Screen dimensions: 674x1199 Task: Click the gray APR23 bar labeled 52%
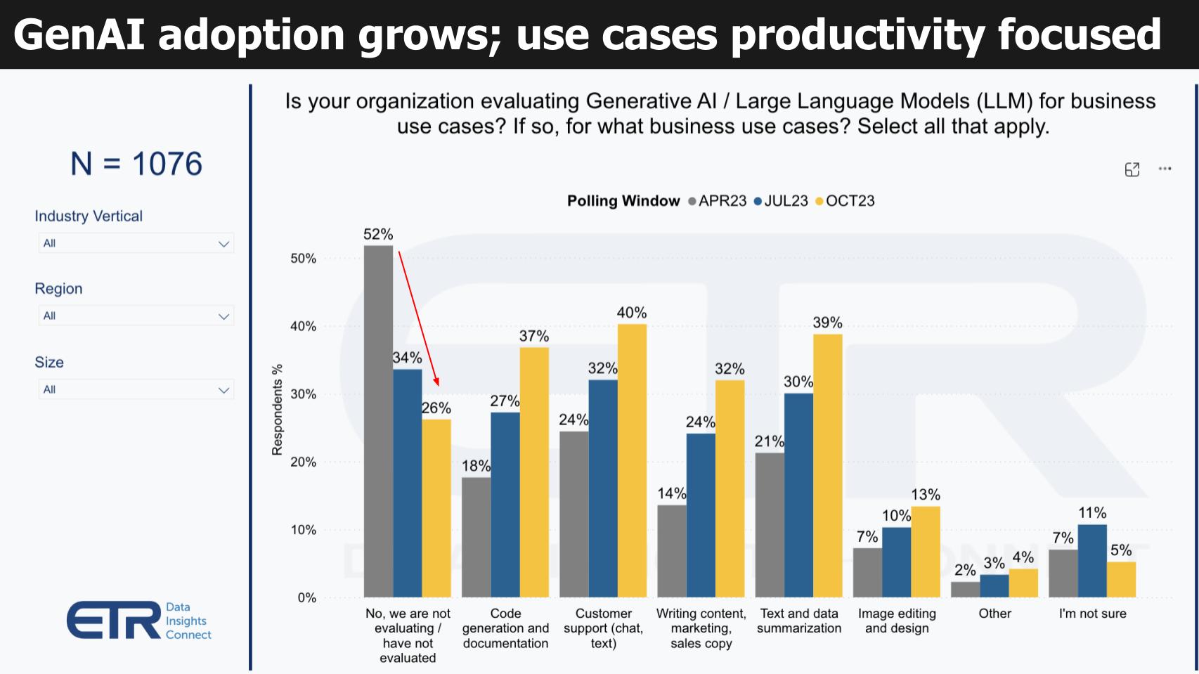[x=378, y=422]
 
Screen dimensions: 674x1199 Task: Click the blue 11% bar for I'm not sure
[x=1092, y=561]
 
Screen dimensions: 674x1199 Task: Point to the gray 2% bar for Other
[x=965, y=589]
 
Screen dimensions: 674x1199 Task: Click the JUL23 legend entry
[x=782, y=201]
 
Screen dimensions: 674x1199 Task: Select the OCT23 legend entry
[x=845, y=201]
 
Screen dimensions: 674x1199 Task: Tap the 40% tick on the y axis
[x=304, y=326]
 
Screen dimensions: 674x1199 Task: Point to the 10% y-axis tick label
[x=304, y=530]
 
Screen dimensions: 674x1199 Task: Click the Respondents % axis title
[x=277, y=410]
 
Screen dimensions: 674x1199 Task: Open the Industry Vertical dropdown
[x=136, y=243]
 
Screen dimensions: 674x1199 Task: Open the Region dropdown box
[x=136, y=316]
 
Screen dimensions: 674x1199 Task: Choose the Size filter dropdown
[x=136, y=389]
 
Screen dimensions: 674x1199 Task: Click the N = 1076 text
[x=136, y=164]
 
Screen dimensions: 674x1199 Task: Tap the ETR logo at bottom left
[x=138, y=620]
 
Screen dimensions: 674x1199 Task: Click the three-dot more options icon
[x=1165, y=169]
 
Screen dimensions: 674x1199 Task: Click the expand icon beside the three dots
[x=1132, y=169]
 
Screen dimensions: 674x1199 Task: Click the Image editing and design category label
[x=897, y=621]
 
